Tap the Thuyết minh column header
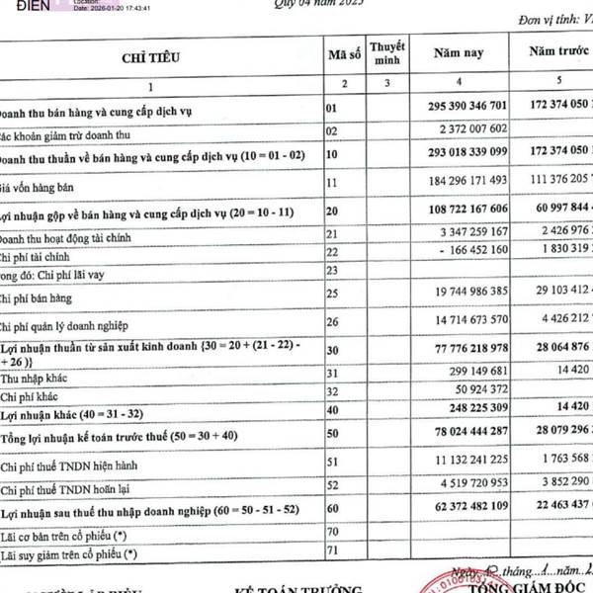[x=388, y=53]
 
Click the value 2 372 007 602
[x=470, y=128]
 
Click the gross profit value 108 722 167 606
[x=458, y=209]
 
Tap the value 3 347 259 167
[x=470, y=233]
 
